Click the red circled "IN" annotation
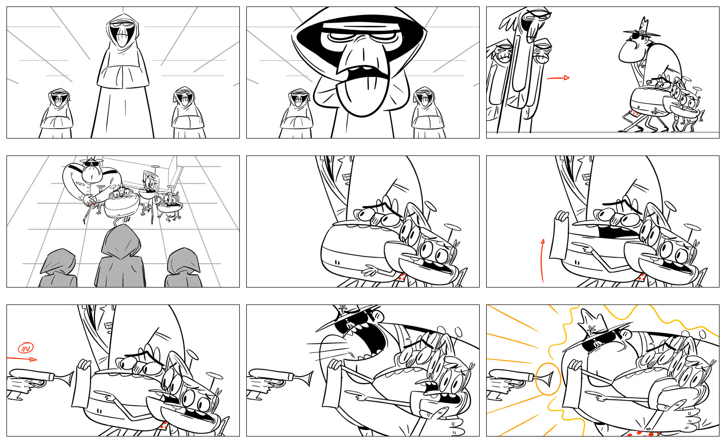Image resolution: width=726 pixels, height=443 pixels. pos(25,348)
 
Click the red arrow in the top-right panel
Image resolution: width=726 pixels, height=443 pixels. pos(558,78)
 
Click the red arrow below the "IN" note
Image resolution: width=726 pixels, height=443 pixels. pos(22,359)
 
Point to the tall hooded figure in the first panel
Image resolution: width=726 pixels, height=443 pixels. pos(122,76)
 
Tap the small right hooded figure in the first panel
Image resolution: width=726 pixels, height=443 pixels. pos(188,112)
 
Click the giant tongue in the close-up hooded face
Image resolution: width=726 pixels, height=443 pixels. pos(361,94)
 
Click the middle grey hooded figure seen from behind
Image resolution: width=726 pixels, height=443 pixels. pos(120,257)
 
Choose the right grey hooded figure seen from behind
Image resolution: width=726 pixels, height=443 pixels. pos(183,268)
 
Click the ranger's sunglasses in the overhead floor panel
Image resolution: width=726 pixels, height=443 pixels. pos(92,164)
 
